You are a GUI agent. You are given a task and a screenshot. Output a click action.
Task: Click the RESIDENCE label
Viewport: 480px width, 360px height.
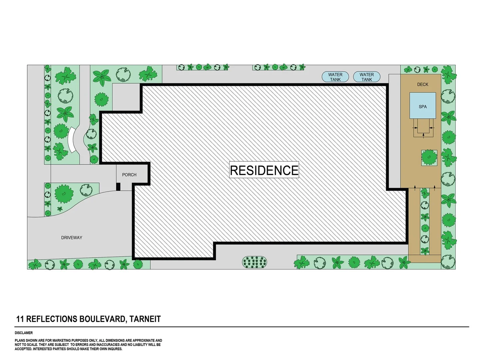[264, 170]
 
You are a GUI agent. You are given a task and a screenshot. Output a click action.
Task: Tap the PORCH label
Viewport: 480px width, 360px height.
[129, 175]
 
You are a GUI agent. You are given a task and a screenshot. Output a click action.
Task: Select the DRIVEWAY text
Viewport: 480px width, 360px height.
[72, 238]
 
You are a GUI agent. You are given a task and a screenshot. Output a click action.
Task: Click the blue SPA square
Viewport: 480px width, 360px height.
[423, 105]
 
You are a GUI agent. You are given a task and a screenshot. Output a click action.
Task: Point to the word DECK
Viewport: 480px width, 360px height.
[423, 85]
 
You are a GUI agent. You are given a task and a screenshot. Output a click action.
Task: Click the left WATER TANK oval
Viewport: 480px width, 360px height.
[335, 77]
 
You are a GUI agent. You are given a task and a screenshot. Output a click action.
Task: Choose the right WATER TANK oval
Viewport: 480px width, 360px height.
[366, 77]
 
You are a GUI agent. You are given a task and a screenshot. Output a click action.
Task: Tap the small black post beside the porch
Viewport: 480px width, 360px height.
[118, 187]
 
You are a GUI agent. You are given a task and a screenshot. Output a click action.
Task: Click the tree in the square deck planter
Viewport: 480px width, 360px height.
[429, 157]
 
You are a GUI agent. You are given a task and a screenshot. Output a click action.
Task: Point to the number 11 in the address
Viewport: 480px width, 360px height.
[20, 319]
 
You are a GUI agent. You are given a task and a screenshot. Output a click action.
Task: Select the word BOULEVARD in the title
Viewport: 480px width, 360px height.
[102, 319]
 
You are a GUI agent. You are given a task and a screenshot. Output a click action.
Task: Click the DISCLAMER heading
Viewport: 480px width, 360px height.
[24, 333]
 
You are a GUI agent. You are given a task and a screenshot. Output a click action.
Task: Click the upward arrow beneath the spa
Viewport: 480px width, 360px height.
[423, 135]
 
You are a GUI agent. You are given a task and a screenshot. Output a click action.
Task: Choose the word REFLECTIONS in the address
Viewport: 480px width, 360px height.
[52, 319]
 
